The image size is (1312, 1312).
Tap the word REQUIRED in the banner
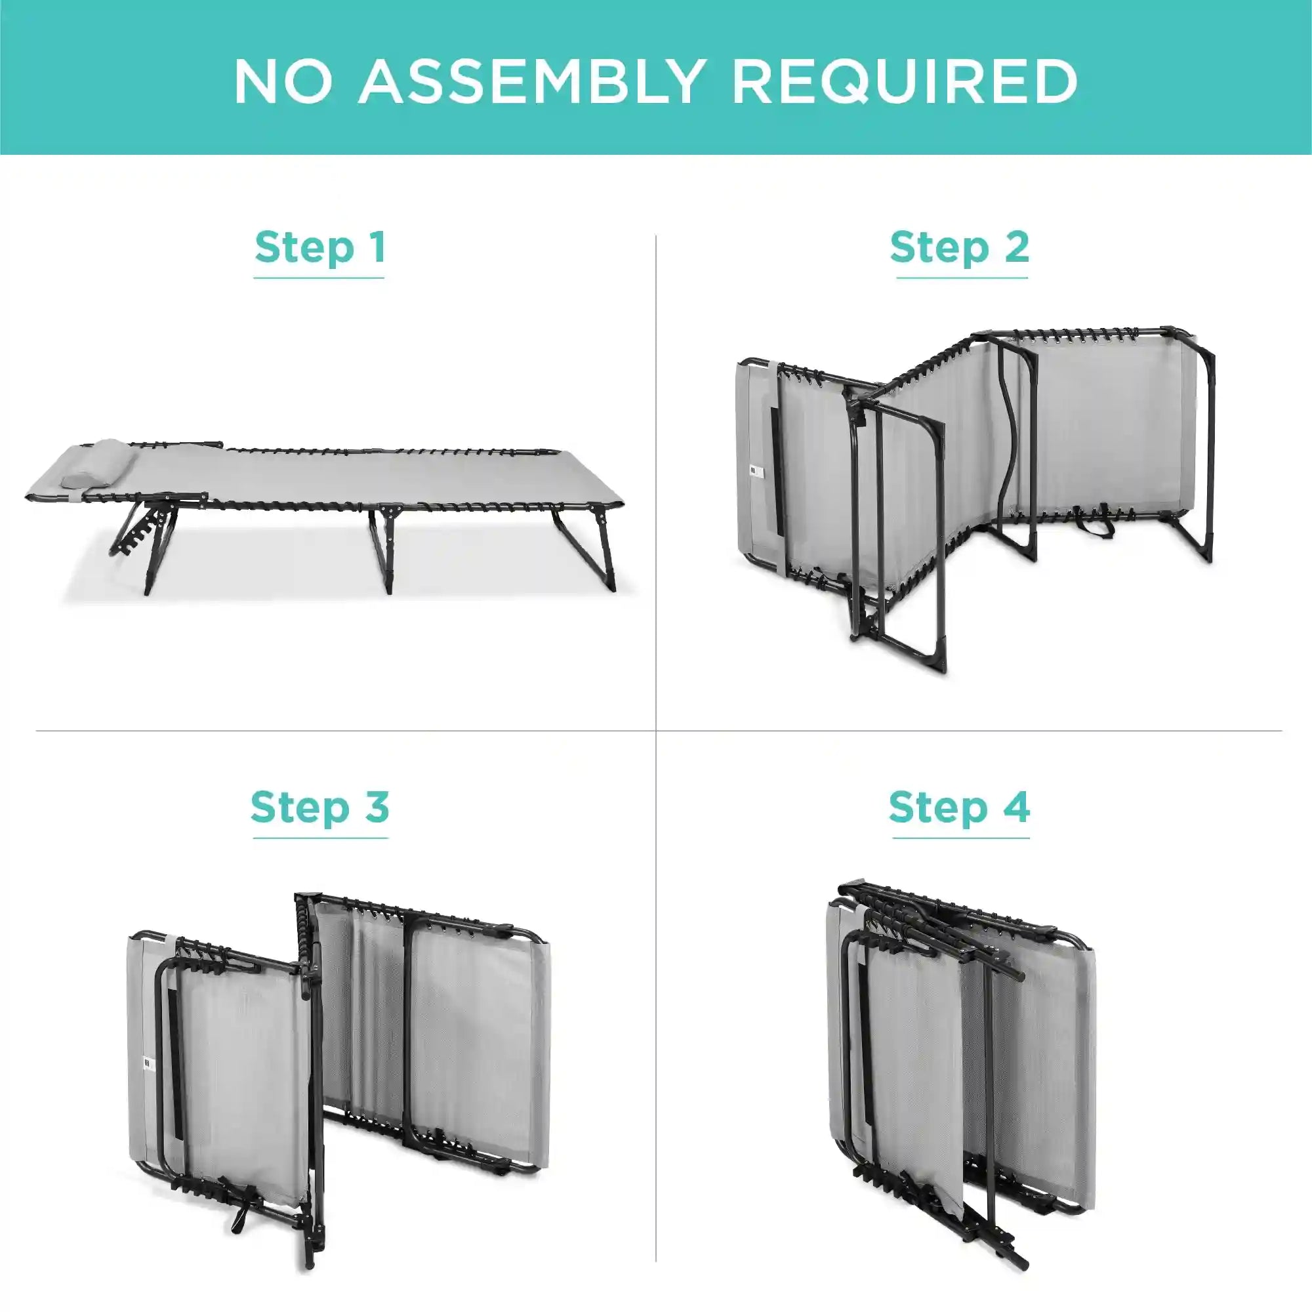(905, 82)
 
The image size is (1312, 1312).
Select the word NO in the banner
(284, 82)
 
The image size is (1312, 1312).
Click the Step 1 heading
(320, 247)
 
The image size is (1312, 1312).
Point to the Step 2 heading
(960, 247)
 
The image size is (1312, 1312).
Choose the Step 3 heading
(320, 808)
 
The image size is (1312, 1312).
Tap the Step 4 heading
(960, 808)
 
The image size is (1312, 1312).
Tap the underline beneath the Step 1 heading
(319, 277)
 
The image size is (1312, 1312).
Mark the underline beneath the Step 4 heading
(961, 838)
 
